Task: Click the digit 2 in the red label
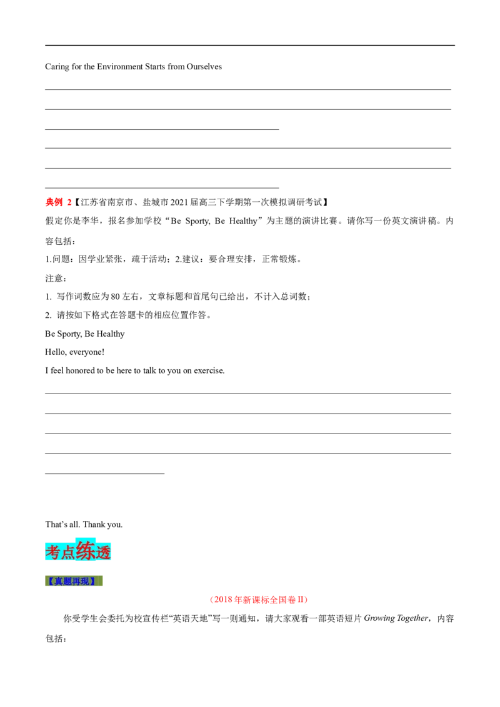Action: pyautogui.click(x=69, y=202)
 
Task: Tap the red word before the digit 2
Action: pyautogui.click(x=55, y=202)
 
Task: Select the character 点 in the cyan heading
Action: pyautogui.click(x=68, y=553)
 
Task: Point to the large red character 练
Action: pyautogui.click(x=86, y=551)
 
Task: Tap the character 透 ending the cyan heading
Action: pyautogui.click(x=104, y=553)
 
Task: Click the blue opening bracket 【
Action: pyautogui.click(x=50, y=581)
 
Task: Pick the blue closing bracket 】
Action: pyautogui.click(x=93, y=581)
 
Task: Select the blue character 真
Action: pyautogui.click(x=58, y=581)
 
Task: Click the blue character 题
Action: pyautogui.click(x=67, y=581)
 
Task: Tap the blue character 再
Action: pyautogui.click(x=76, y=581)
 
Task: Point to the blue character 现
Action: pyautogui.click(x=84, y=581)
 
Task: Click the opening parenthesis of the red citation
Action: pyautogui.click(x=212, y=600)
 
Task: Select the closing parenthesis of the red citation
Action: pyautogui.click(x=307, y=600)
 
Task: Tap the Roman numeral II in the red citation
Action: pyautogui.click(x=300, y=600)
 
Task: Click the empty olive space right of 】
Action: pyautogui.click(x=100, y=581)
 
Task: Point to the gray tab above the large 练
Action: pyautogui.click(x=87, y=537)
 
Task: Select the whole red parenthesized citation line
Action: pyautogui.click(x=259, y=600)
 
